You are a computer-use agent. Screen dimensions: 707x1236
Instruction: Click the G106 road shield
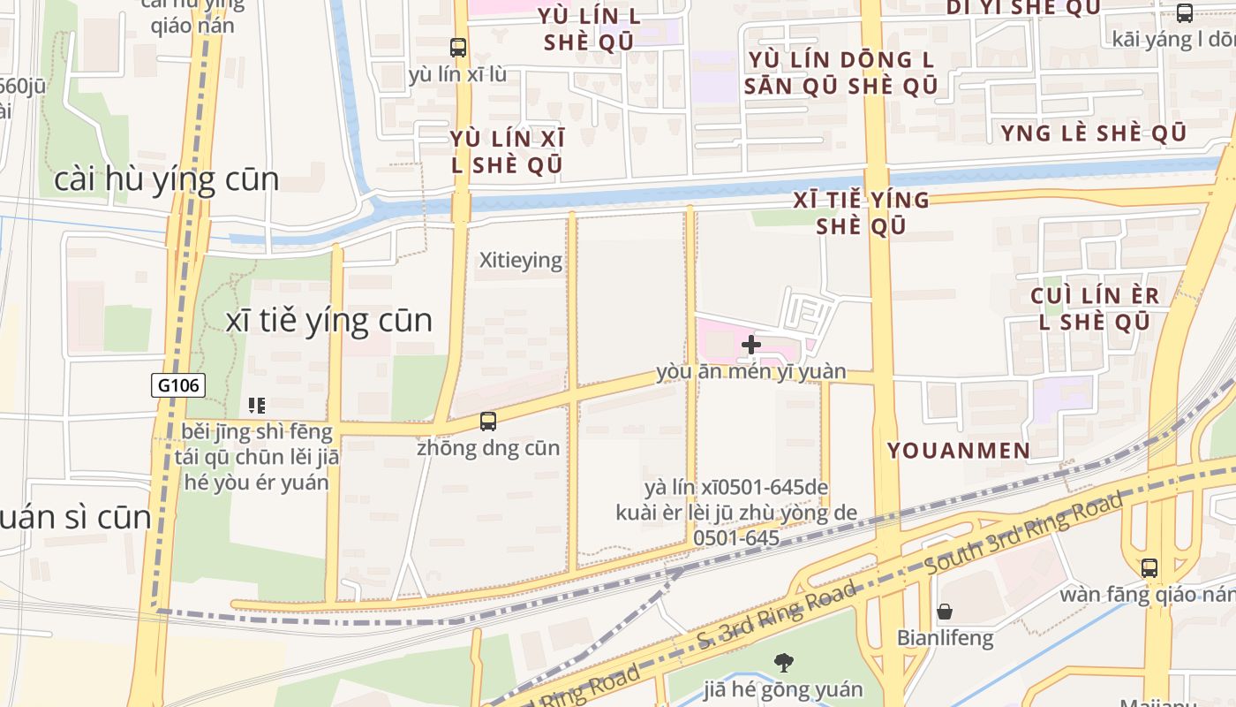178,384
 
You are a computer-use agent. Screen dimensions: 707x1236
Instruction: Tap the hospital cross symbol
751,344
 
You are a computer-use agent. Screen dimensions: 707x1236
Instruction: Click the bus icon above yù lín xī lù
457,48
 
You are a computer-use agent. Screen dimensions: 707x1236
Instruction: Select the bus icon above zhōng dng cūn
488,422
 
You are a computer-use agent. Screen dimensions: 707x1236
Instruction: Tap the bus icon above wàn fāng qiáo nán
1149,568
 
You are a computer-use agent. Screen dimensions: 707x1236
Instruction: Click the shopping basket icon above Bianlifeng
944,612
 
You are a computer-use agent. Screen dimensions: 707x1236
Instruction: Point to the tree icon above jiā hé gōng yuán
782,662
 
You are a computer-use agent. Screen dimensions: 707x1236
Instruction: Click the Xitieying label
520,260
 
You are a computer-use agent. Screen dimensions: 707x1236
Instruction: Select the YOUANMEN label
958,451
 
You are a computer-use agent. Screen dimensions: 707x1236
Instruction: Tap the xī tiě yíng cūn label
329,321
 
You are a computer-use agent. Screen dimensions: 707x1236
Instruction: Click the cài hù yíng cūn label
166,179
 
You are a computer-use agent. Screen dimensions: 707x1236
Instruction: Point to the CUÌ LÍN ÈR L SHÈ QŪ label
1095,308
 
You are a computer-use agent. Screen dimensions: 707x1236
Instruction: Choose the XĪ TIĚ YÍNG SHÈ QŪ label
861,213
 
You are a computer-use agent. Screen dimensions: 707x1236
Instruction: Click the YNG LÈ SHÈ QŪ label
1093,133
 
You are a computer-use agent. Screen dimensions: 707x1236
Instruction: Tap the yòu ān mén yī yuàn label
750,372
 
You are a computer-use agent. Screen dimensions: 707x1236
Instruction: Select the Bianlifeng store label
945,637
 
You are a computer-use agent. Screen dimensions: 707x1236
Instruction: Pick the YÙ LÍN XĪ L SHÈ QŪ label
507,151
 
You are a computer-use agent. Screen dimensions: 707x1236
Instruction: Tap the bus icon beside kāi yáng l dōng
1184,13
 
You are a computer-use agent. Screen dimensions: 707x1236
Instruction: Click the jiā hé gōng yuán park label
782,688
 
